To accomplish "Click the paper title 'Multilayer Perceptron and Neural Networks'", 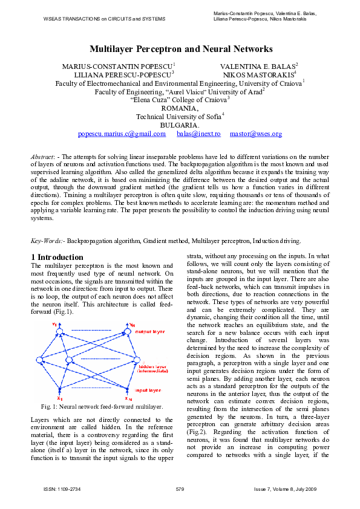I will pyautogui.click(x=181, y=49).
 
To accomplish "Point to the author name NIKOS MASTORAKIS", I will pyautogui.click(x=259, y=74).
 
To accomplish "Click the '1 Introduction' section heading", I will pyautogui.click(x=57, y=257).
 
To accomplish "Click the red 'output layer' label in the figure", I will pyautogui.click(x=149, y=332).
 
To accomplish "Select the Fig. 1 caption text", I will pyautogui.click(x=102, y=407).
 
